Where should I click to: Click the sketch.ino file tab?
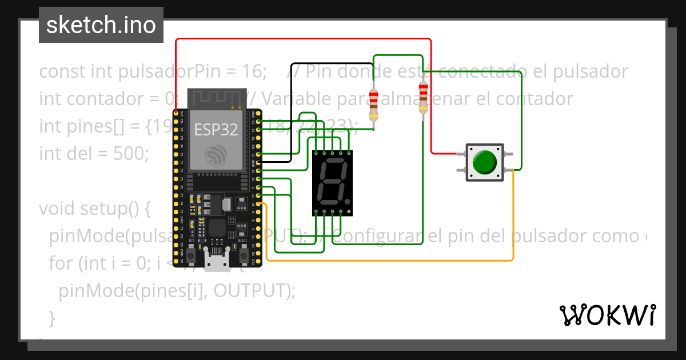point(101,25)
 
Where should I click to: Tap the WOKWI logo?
point(607,315)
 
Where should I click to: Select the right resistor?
point(422,98)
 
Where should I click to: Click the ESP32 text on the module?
point(216,130)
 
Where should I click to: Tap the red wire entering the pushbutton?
point(444,154)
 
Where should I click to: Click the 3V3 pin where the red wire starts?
point(176,114)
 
